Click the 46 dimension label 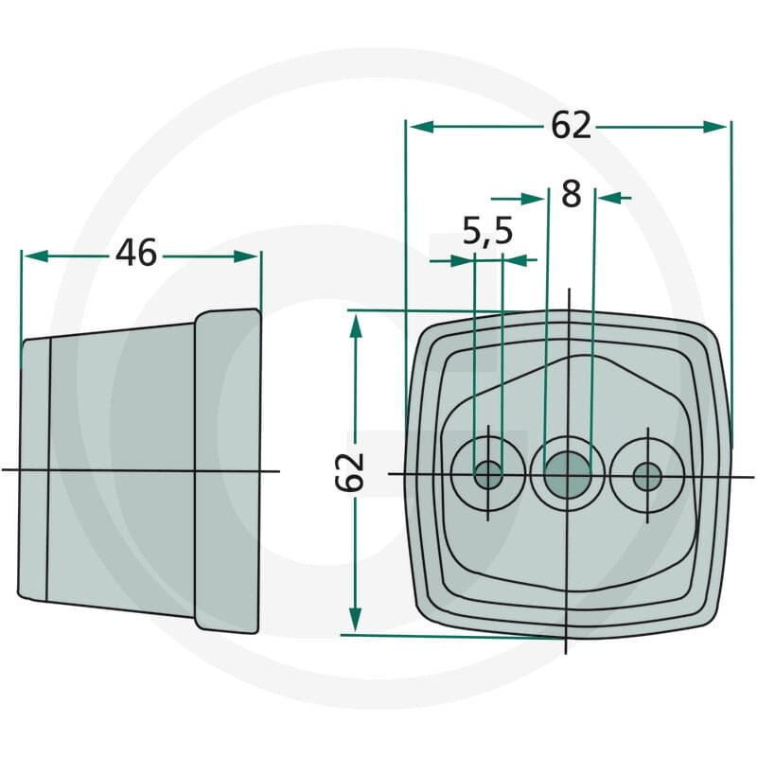click(136, 253)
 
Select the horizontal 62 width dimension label click(572, 125)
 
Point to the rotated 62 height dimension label click(349, 471)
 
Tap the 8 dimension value click(572, 194)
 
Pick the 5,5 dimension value click(487, 231)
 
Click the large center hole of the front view click(567, 475)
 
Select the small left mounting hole click(488, 475)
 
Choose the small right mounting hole click(647, 477)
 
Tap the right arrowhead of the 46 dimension click(246, 256)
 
